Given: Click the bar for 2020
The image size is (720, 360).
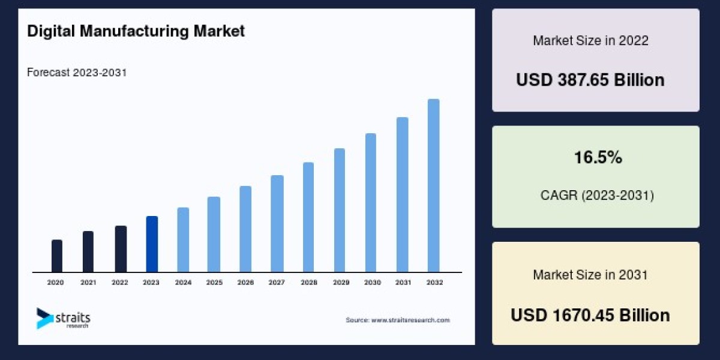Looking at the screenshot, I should pos(57,256).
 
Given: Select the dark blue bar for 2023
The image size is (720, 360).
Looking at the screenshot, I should pos(152,244).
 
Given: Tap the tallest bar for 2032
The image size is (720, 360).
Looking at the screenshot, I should pos(433,185).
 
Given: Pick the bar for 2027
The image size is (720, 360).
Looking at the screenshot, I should pos(277,224).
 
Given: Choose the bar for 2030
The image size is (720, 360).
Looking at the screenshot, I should pos(371,203).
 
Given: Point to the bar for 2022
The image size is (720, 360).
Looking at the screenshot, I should pos(121,249).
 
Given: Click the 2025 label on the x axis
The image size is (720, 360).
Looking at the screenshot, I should pos(214,282).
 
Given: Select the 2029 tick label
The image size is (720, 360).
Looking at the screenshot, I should pos(340,282).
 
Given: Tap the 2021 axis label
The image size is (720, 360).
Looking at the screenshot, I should pos(88,282).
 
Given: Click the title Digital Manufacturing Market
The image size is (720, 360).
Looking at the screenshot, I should pos(136,31).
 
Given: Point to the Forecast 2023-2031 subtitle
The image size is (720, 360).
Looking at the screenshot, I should pos(77,73).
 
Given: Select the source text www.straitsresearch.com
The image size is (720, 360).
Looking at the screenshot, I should pos(398,320).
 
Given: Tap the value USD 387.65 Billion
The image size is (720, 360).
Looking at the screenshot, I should pos(590,80).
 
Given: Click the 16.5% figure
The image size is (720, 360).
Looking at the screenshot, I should pos(597,158).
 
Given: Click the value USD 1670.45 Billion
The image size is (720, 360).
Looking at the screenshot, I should pos(590,315).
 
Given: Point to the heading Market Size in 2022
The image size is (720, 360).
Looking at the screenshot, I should pos(590,41).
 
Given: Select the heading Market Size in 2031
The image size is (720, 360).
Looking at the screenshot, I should pos(590,275).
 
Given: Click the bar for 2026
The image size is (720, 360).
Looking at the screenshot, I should pos(245,229).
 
